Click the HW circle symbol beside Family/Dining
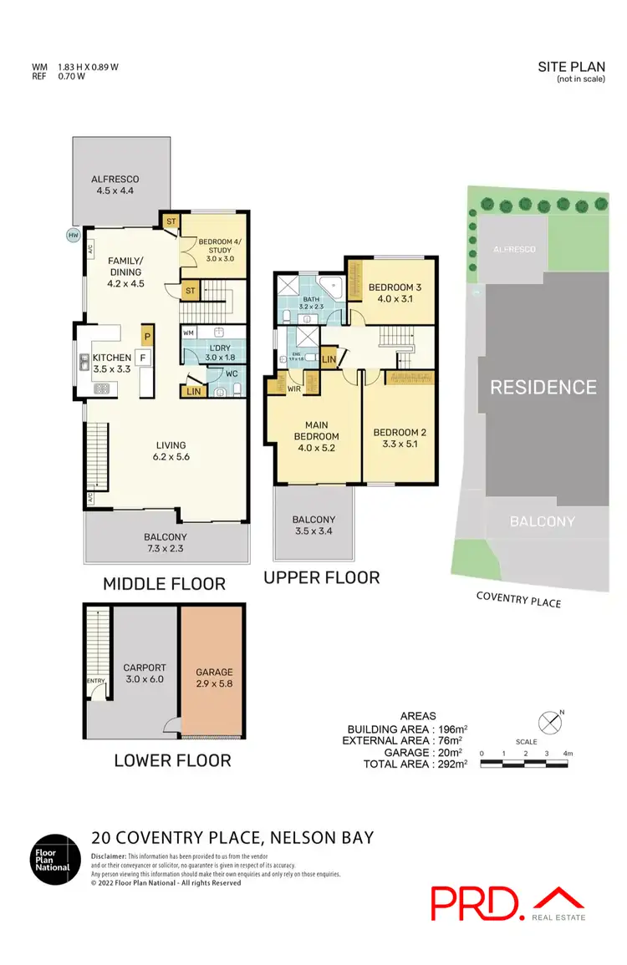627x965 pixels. pyautogui.click(x=73, y=236)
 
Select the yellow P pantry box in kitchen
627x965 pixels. pyautogui.click(x=147, y=336)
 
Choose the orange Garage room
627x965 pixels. pyautogui.click(x=214, y=676)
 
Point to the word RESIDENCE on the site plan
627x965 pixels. pyautogui.click(x=543, y=387)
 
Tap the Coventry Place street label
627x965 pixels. pyautogui.click(x=518, y=598)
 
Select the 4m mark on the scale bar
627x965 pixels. pyautogui.click(x=568, y=753)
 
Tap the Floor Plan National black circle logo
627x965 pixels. pyautogui.click(x=54, y=859)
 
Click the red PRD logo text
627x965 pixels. pyautogui.click(x=472, y=902)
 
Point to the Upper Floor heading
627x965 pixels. pyautogui.click(x=322, y=577)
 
